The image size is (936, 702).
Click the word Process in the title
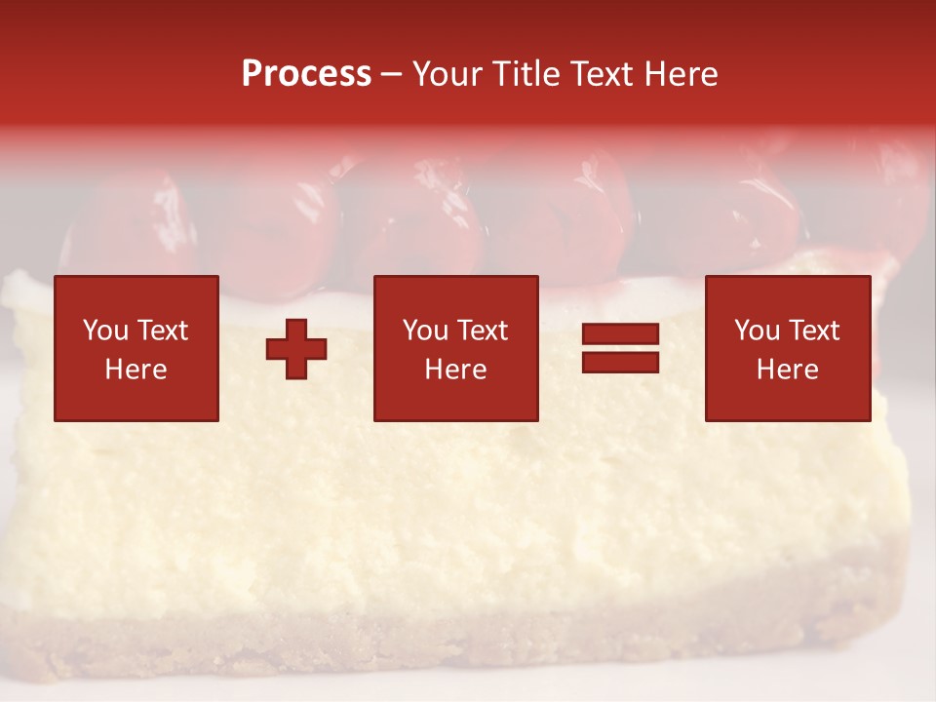pyautogui.click(x=306, y=74)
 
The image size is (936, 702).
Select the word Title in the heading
pyautogui.click(x=526, y=74)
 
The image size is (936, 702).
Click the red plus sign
pyautogui.click(x=296, y=349)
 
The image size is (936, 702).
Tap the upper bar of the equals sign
pyautogui.click(x=620, y=334)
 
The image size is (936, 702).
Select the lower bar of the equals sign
pyautogui.click(x=620, y=363)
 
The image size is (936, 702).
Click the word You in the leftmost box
pyautogui.click(x=104, y=331)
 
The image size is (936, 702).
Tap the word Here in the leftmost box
pyautogui.click(x=136, y=370)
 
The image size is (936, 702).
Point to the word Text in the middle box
pyautogui.click(x=483, y=331)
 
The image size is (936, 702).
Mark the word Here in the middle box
pyautogui.click(x=455, y=370)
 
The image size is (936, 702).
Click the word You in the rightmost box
pyautogui.click(x=756, y=331)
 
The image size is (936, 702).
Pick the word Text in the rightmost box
pyautogui.click(x=814, y=331)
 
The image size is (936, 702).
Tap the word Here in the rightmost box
pyautogui.click(x=787, y=370)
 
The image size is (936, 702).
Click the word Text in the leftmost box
pyautogui.click(x=163, y=331)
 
